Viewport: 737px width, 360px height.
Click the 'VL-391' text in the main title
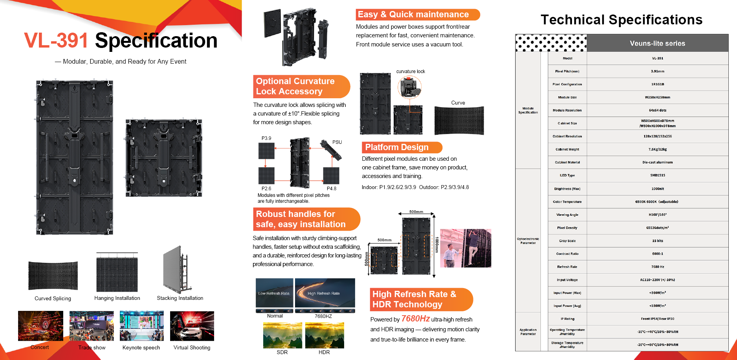pyautogui.click(x=56, y=40)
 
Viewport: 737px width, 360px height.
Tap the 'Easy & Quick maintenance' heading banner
pyautogui.click(x=417, y=15)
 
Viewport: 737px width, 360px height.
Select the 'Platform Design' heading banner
pyautogui.click(x=401, y=147)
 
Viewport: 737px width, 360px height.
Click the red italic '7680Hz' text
pyautogui.click(x=415, y=318)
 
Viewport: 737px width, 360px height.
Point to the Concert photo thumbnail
pyautogui.click(x=40, y=326)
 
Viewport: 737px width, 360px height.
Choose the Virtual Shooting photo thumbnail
pyautogui.click(x=192, y=326)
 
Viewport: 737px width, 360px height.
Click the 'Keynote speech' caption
pyautogui.click(x=141, y=348)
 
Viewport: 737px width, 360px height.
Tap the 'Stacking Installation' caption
pyautogui.click(x=180, y=298)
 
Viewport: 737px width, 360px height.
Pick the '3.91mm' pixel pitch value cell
pyautogui.click(x=657, y=71)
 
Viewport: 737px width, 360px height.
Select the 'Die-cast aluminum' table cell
pyautogui.click(x=657, y=162)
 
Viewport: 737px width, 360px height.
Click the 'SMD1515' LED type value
pyautogui.click(x=657, y=175)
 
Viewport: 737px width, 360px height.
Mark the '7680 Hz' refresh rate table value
pyautogui.click(x=657, y=267)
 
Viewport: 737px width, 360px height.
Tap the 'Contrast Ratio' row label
pyautogui.click(x=567, y=254)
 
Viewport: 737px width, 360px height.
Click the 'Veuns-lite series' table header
pyautogui.click(x=657, y=43)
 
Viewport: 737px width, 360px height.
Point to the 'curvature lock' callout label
pyautogui.click(x=411, y=72)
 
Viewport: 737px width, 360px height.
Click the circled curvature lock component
pyautogui.click(x=410, y=87)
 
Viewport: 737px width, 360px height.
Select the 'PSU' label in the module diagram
pyautogui.click(x=337, y=142)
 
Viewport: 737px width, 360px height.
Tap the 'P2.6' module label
pyautogui.click(x=266, y=189)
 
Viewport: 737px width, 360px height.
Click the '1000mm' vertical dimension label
pyautogui.click(x=436, y=244)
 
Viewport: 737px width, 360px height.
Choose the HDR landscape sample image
pyautogui.click(x=324, y=335)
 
